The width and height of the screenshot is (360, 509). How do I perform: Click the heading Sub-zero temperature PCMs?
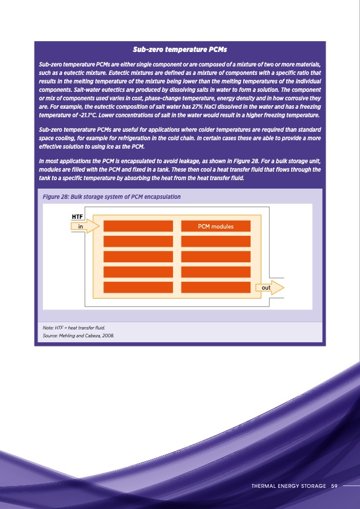coord(180,48)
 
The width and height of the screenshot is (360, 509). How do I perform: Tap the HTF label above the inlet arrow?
coord(77,216)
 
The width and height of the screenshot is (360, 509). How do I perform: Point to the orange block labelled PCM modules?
coord(216,226)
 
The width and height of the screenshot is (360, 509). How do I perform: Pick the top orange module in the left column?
coord(139,226)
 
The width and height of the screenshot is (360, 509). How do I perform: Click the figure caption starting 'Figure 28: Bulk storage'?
coord(111,197)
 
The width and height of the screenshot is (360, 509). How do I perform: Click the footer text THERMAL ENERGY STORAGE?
coord(288,485)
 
